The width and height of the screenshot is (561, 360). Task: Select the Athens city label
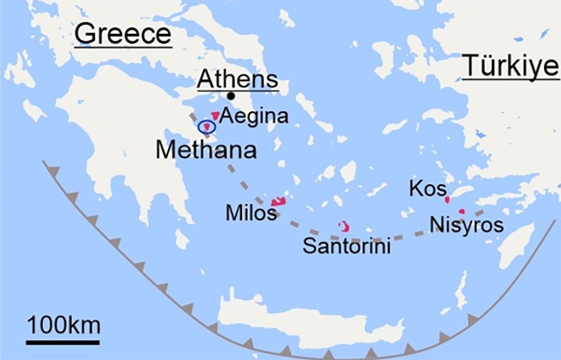(237, 80)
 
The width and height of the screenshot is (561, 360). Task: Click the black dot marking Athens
(231, 96)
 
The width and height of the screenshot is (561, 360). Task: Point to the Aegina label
(253, 116)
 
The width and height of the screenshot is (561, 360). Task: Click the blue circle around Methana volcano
(207, 127)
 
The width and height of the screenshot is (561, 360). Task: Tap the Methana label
(206, 150)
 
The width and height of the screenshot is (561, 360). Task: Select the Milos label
(251, 213)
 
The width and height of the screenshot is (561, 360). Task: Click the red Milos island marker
(278, 201)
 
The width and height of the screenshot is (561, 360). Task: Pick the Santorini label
(346, 246)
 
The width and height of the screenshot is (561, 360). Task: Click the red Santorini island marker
(344, 226)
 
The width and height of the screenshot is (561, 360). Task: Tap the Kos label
(427, 189)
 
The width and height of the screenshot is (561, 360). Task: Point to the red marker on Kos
(447, 199)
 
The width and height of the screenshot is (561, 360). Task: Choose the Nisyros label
(466, 225)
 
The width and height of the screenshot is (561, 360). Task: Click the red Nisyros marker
(461, 211)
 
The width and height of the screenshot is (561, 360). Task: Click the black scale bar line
(63, 341)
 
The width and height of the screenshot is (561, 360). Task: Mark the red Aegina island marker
(215, 116)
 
